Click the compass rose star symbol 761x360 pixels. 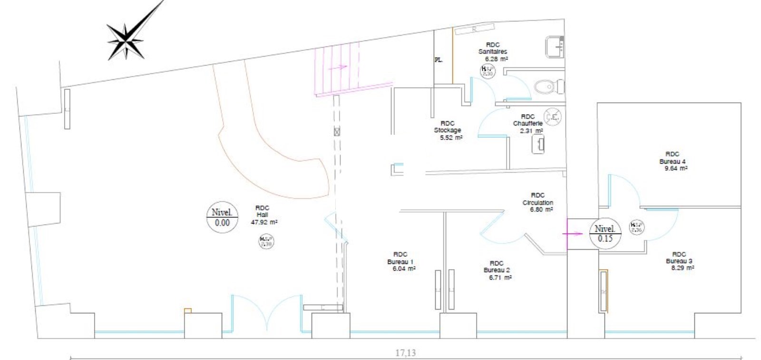127,40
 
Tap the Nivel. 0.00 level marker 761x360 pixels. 222,218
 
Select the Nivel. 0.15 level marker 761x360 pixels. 605,234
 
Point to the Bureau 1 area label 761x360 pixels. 401,262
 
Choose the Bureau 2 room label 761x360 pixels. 497,270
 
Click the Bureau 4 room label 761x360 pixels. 673,161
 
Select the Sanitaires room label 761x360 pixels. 493,52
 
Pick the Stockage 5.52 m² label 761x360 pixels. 448,130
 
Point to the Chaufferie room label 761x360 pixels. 527,124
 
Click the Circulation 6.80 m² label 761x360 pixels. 537,202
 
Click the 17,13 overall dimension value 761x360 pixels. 405,353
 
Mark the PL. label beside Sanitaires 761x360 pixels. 439,60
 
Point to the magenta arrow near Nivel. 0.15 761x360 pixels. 572,234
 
